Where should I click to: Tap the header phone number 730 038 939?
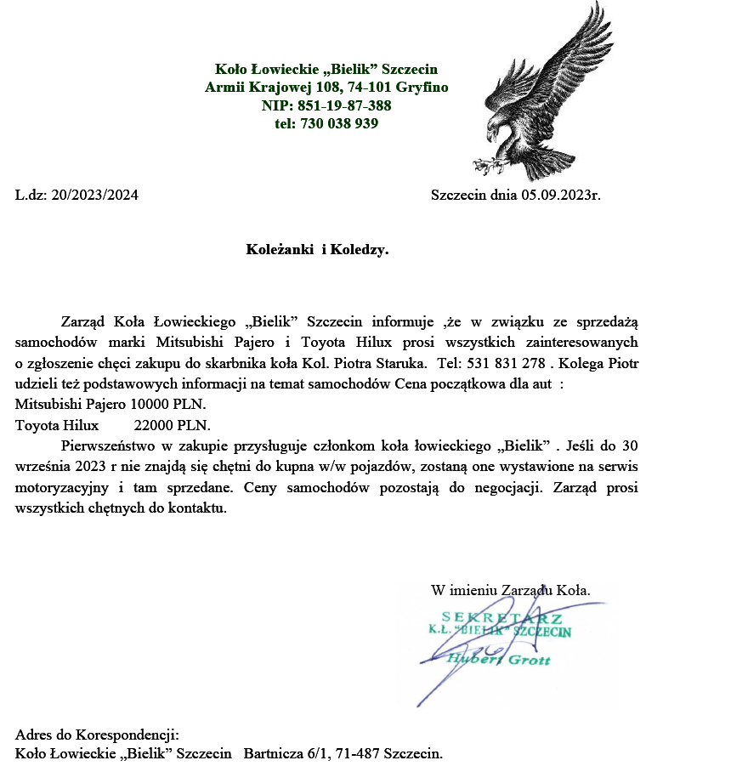tap(339, 123)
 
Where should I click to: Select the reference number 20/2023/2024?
tap(94, 195)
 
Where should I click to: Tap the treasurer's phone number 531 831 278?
tap(502, 364)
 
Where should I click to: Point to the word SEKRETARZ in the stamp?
tap(501, 617)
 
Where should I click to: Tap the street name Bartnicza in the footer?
tap(273, 753)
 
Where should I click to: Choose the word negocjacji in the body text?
tap(512, 488)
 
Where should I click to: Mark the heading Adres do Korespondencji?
tap(96, 734)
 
